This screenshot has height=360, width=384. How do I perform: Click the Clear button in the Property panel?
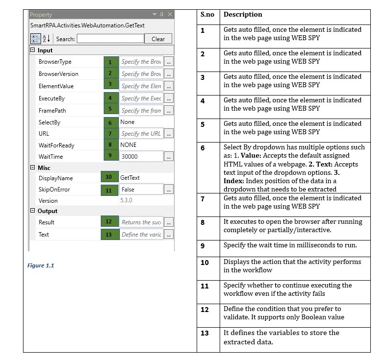[x=158, y=39]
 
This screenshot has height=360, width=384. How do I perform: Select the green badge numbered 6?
[x=111, y=122]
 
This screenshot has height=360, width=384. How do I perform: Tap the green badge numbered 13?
[x=109, y=235]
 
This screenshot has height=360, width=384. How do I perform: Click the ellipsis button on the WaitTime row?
[x=168, y=157]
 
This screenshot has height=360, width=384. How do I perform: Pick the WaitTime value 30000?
[x=130, y=157]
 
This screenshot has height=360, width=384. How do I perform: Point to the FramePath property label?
[x=52, y=111]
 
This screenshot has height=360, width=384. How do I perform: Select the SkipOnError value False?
[x=128, y=190]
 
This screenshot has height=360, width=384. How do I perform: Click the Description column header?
[x=243, y=15]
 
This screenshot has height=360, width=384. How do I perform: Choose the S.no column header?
[x=207, y=15]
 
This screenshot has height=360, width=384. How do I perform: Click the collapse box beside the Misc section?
[x=33, y=168]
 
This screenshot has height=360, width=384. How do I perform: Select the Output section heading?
[x=47, y=211]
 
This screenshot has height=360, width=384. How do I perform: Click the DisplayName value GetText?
[x=130, y=178]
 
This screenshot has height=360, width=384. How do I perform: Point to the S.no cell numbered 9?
[x=203, y=245]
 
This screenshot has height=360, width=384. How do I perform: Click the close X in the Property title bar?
[x=170, y=14]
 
